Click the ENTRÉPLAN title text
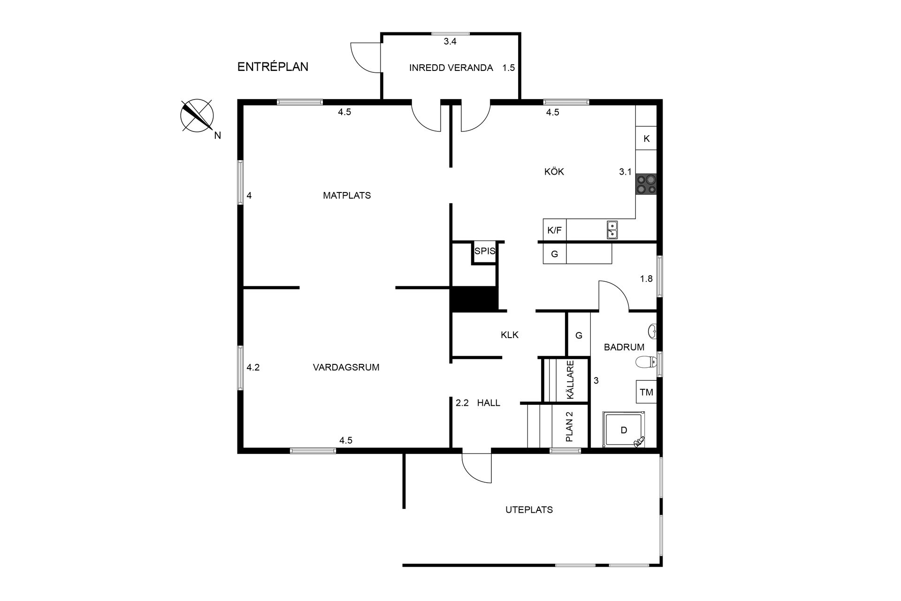coord(273,67)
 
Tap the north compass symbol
coord(197,116)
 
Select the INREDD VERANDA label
coord(450,68)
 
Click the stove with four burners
coord(646,185)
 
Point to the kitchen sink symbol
coord(612,230)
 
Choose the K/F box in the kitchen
coord(554,231)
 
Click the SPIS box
coord(484,251)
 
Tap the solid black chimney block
coord(473,299)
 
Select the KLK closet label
coord(509,335)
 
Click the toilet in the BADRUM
coord(647,362)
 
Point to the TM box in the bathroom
coord(646,392)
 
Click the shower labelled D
coord(624,430)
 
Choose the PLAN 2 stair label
coord(570,427)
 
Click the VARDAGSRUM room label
coord(346,368)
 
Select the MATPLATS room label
coord(347,195)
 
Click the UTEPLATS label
coord(529,509)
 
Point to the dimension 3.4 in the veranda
coord(450,42)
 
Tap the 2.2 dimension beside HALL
coord(462,403)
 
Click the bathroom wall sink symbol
coord(652,331)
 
